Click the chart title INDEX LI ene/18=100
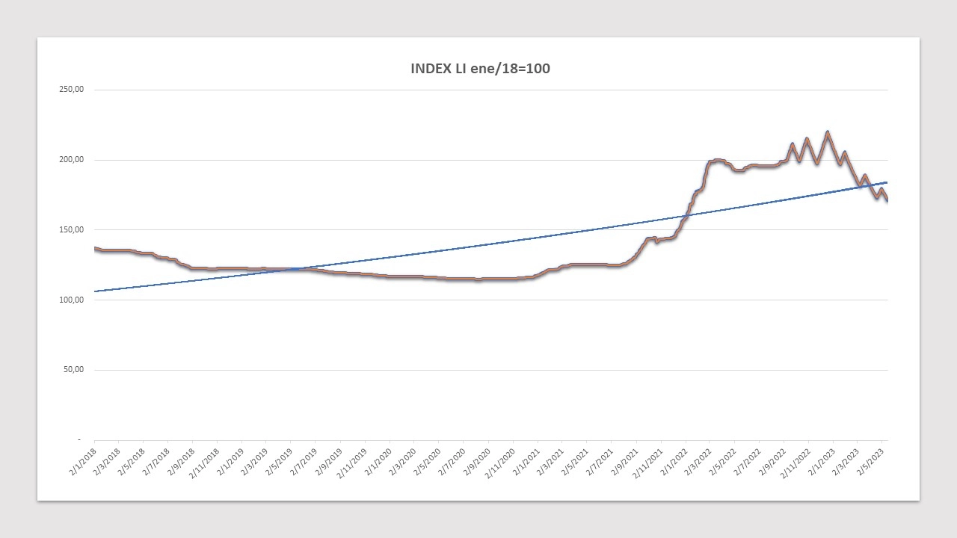click(480, 69)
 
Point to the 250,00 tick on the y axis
click(71, 90)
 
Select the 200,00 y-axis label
click(71, 160)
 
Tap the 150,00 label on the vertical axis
click(71, 230)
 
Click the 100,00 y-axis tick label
click(71, 300)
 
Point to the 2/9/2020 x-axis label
click(476, 459)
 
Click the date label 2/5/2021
click(574, 459)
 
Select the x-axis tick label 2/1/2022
click(673, 459)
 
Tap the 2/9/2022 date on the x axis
click(772, 459)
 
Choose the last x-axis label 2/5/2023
click(870, 459)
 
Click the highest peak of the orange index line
click(827, 133)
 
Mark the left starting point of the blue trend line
click(95, 291)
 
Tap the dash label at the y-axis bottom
click(79, 439)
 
